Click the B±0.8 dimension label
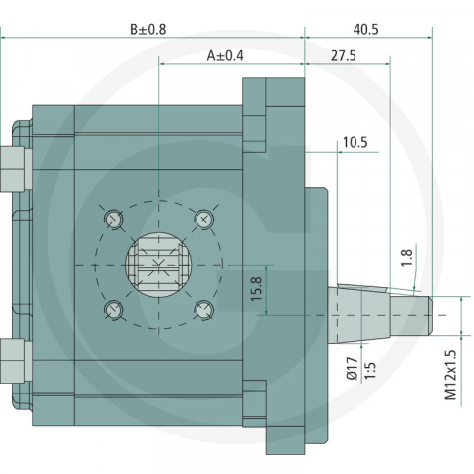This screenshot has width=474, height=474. coord(148,30)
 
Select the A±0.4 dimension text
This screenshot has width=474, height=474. coord(225,56)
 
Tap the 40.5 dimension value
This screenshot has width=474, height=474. coord(366,30)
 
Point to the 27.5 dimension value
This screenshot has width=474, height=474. coord(344,56)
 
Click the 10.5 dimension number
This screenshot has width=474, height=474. coord(355,143)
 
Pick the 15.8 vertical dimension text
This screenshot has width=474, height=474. coord(256,289)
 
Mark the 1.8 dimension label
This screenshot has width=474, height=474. coord(407,258)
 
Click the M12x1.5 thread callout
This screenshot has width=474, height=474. coord(451,374)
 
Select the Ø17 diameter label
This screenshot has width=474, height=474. coord(353,368)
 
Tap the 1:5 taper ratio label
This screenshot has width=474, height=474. coord(370,371)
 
